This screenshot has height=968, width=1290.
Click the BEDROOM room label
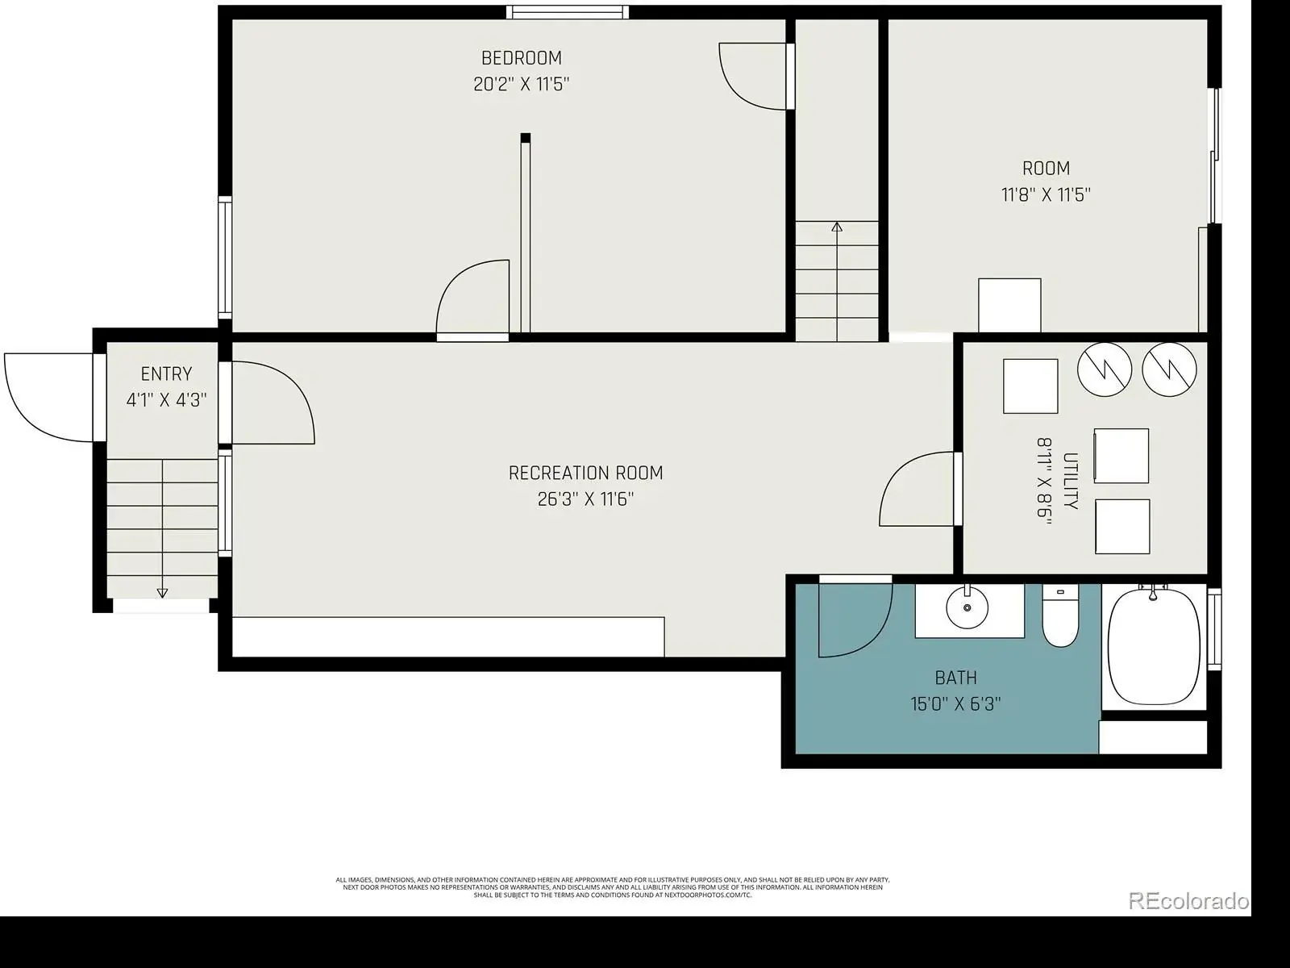pyautogui.click(x=522, y=58)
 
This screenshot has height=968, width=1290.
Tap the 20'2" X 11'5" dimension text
pyautogui.click(x=522, y=84)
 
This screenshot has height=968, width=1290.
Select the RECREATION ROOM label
pyautogui.click(x=585, y=474)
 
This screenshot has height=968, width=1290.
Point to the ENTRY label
pyautogui.click(x=166, y=373)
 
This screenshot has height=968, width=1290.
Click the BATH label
pyautogui.click(x=956, y=678)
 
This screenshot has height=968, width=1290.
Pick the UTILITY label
pyautogui.click(x=1071, y=481)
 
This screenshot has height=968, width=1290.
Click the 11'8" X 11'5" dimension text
pyautogui.click(x=1046, y=194)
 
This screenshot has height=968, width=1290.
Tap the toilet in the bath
pyautogui.click(x=1060, y=615)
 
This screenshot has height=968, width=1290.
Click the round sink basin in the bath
pyautogui.click(x=967, y=608)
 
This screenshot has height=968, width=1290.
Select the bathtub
pyautogui.click(x=1154, y=646)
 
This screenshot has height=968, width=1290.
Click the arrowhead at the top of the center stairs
pyautogui.click(x=837, y=227)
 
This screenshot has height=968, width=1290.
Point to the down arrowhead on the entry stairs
pyautogui.click(x=162, y=593)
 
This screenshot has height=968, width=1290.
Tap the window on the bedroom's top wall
pyautogui.click(x=567, y=12)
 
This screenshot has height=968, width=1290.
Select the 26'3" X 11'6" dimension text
pyautogui.click(x=585, y=499)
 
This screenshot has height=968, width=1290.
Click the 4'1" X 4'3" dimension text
pyautogui.click(x=166, y=400)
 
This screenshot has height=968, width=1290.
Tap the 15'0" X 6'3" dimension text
pyautogui.click(x=955, y=703)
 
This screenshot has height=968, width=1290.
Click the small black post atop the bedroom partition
pyautogui.click(x=526, y=138)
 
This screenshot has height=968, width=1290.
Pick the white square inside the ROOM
pyautogui.click(x=1009, y=305)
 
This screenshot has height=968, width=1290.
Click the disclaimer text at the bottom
pyautogui.click(x=613, y=887)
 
